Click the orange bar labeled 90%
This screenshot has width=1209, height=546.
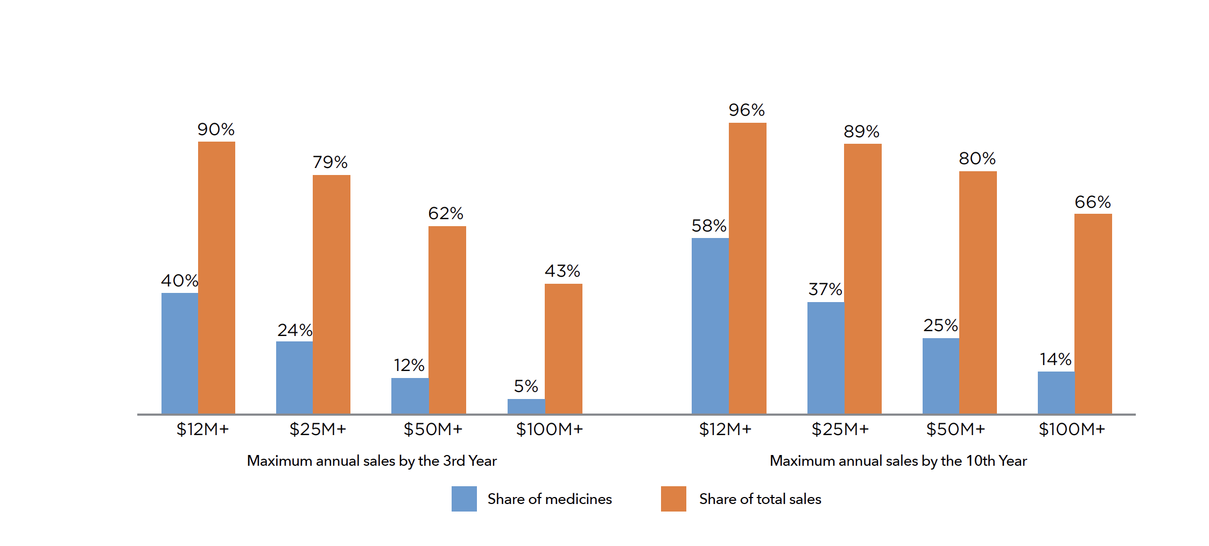pyautogui.click(x=216, y=277)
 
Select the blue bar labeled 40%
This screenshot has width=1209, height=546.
pyautogui.click(x=180, y=353)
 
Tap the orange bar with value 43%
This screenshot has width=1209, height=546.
pyautogui.click(x=563, y=348)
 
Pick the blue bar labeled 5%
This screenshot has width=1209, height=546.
pyautogui.click(x=526, y=407)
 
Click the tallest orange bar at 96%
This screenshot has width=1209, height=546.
pyautogui.click(x=747, y=268)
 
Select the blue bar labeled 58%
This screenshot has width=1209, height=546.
pyautogui.click(x=710, y=326)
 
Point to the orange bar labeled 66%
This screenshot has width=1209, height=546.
pyautogui.click(x=1093, y=313)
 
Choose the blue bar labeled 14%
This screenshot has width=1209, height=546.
pyautogui.click(x=1056, y=393)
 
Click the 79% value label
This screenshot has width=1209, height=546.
pyautogui.click(x=330, y=162)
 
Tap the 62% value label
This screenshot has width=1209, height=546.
pyautogui.click(x=446, y=213)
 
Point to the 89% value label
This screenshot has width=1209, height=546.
pyautogui.click(x=861, y=131)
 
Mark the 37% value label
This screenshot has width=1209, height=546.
pyautogui.click(x=825, y=289)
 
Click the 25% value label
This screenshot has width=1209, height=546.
pyautogui.click(x=940, y=325)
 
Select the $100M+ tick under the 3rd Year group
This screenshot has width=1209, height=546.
pyautogui.click(x=550, y=429)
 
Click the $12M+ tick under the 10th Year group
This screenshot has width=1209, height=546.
pyautogui.click(x=725, y=429)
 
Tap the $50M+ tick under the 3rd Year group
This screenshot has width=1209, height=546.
pyautogui.click(x=433, y=429)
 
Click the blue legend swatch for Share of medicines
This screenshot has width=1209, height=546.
pyautogui.click(x=464, y=499)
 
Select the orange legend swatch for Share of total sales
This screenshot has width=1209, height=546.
pyautogui.click(x=673, y=499)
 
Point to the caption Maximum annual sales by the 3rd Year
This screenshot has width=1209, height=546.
pyautogui.click(x=371, y=461)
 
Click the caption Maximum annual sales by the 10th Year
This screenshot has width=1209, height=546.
pyautogui.click(x=898, y=461)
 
